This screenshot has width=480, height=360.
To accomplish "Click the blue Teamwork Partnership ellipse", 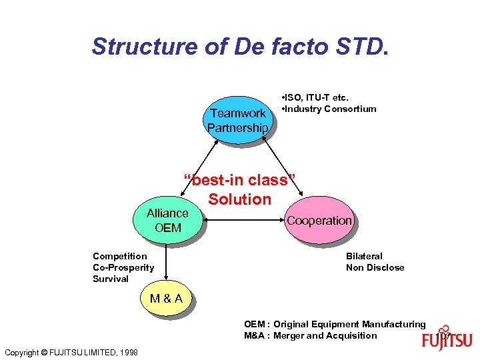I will pyautogui.click(x=237, y=120).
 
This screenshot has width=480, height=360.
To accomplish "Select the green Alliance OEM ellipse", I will pyautogui.click(x=167, y=221).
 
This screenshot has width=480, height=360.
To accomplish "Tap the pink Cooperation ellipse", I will pyautogui.click(x=319, y=221).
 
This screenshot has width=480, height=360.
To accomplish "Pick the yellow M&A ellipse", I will pyautogui.click(x=166, y=298).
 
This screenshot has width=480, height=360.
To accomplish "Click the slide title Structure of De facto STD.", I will pyautogui.click(x=239, y=47).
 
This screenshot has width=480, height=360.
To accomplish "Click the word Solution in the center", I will pyautogui.click(x=240, y=199).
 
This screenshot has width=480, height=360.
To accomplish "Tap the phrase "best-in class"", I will pyautogui.click(x=239, y=180).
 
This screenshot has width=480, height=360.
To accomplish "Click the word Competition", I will pyautogui.click(x=120, y=256).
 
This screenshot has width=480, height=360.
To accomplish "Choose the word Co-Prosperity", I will pyautogui.click(x=123, y=267).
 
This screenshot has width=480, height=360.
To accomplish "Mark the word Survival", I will pyautogui.click(x=111, y=279).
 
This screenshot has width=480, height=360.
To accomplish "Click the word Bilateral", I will pyautogui.click(x=364, y=256).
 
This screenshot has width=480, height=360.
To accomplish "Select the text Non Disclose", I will pyautogui.click(x=375, y=267).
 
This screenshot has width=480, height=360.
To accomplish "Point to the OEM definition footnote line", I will pyautogui.click(x=334, y=324).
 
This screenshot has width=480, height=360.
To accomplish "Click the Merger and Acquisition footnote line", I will pyautogui.click(x=310, y=335).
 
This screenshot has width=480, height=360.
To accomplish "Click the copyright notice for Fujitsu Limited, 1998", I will pyautogui.click(x=71, y=352).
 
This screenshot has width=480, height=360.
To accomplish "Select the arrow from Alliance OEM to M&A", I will pyautogui.click(x=167, y=263).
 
